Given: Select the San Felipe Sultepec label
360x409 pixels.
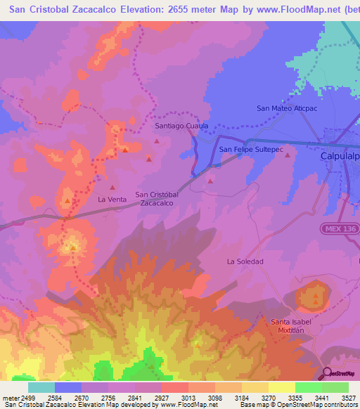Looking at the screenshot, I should [x=251, y=150].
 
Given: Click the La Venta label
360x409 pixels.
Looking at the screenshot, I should [x=112, y=200].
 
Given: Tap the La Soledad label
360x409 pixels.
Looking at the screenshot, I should [x=245, y=261].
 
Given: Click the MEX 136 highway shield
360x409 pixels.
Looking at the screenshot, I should [x=340, y=229].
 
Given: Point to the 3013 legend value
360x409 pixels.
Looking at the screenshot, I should [x=175, y=398].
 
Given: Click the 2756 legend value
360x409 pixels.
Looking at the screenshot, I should [x=95, y=398].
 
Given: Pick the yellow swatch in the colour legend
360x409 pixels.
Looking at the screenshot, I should [x=281, y=387].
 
